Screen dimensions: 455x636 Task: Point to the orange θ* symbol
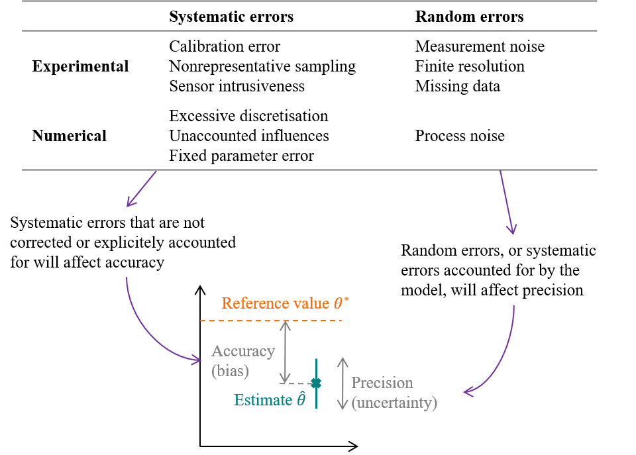click(x=341, y=303)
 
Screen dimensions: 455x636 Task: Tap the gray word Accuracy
click(x=242, y=352)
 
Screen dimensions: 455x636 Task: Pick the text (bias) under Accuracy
click(x=230, y=371)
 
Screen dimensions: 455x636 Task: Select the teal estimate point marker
click(x=316, y=383)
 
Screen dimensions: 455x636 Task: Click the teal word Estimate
click(x=263, y=400)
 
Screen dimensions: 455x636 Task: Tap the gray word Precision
click(x=382, y=383)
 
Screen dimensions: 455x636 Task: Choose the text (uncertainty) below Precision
click(x=394, y=403)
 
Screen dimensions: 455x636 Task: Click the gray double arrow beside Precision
click(x=343, y=383)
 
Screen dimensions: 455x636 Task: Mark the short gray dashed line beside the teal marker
click(x=297, y=383)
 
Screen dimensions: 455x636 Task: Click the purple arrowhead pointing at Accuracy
click(x=197, y=360)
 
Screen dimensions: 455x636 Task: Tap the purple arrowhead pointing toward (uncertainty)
click(x=468, y=392)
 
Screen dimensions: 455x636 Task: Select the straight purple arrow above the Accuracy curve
click(x=141, y=189)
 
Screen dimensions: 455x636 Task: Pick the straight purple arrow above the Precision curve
click(x=507, y=202)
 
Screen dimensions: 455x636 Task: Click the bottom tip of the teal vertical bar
click(x=316, y=407)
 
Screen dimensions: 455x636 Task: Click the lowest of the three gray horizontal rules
click(x=309, y=170)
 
